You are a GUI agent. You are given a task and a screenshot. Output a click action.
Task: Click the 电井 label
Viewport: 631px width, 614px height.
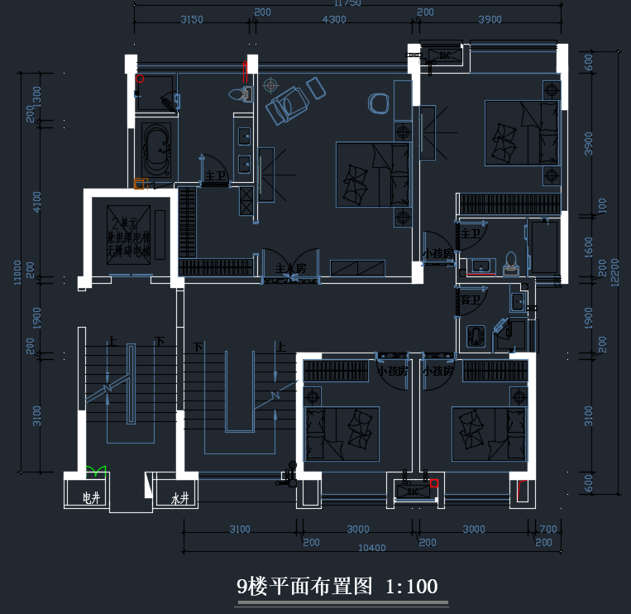91,498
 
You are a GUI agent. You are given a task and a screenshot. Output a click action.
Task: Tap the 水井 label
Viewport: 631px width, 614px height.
180,498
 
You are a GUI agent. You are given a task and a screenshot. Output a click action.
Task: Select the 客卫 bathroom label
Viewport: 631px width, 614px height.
470,300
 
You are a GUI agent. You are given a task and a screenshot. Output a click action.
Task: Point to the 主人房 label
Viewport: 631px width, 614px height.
291,268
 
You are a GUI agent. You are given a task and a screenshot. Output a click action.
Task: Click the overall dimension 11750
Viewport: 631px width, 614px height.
347,3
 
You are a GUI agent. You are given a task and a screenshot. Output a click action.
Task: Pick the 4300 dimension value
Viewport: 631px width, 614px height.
334,20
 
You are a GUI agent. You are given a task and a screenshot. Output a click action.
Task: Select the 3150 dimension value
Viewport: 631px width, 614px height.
192,20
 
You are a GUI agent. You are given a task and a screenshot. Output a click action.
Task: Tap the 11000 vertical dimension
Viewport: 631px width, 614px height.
18,272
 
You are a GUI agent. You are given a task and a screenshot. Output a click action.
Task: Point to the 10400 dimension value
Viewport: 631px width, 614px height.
371,548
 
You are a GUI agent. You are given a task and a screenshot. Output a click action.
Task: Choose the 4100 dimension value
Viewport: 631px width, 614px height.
36,202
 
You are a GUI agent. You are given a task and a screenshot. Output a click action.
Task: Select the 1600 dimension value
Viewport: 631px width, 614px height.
589,246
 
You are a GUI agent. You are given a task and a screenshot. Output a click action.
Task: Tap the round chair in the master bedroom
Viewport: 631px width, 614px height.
378,103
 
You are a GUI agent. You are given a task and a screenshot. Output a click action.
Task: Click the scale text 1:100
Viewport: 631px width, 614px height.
411,587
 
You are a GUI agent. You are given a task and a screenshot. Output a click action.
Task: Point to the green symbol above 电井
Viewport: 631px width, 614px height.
97,471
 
